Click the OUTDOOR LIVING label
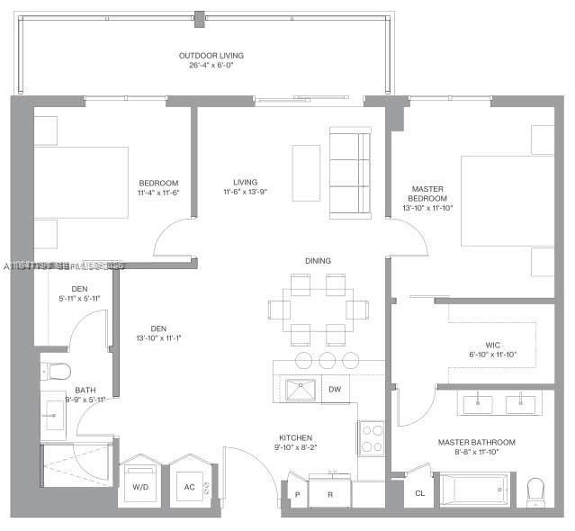(211, 56)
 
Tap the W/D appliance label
(140, 487)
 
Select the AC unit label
(190, 487)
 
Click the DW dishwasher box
(335, 390)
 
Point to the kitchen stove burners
(372, 438)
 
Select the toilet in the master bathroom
(537, 490)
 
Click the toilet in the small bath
(56, 371)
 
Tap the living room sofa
(349, 172)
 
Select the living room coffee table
(306, 172)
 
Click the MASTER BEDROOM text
(427, 193)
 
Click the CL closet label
(419, 493)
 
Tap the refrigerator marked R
(331, 494)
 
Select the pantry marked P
(296, 494)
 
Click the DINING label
(318, 261)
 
